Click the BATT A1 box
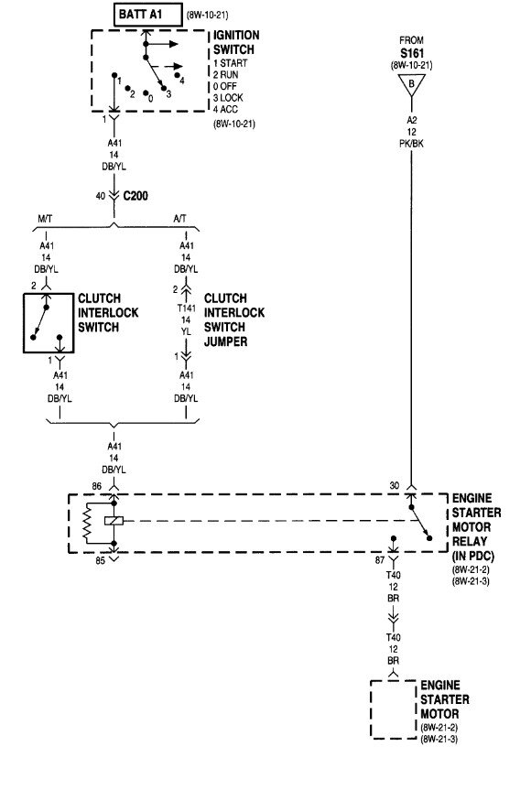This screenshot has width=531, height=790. click(x=146, y=15)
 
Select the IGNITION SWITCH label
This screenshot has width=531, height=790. click(x=236, y=41)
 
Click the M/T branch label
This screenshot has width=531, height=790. click(x=46, y=220)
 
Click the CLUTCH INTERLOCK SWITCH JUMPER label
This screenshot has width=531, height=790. click(x=234, y=319)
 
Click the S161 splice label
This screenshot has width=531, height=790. click(x=410, y=53)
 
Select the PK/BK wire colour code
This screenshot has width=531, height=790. click(x=410, y=144)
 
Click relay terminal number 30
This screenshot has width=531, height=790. click(x=396, y=485)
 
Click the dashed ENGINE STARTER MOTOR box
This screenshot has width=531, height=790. click(x=392, y=709)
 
